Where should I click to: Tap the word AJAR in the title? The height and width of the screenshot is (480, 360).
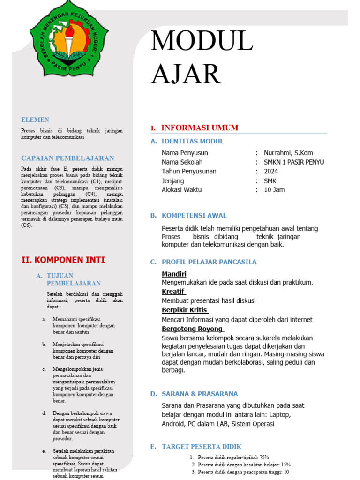click(x=186, y=74)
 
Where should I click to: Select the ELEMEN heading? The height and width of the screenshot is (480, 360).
click(x=35, y=120)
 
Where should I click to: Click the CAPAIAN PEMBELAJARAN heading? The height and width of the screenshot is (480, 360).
click(x=68, y=158)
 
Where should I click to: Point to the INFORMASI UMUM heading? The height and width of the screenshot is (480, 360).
click(x=200, y=127)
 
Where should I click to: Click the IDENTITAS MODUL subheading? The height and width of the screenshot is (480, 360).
click(x=193, y=141)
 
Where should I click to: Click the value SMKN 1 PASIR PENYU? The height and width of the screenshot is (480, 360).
click(x=294, y=162)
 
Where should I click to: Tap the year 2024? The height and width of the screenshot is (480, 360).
click(x=271, y=172)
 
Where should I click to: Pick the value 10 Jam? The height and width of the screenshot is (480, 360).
click(x=274, y=190)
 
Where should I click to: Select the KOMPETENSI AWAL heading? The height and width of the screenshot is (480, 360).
click(x=194, y=215)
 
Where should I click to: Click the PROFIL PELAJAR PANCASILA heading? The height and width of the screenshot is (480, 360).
click(x=209, y=262)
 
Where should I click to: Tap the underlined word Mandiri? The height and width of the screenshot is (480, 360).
click(x=174, y=274)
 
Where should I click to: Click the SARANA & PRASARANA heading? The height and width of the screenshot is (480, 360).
click(x=200, y=394)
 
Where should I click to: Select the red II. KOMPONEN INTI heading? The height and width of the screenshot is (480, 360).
click(x=63, y=260)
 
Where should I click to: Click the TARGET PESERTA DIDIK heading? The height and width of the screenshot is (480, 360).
click(x=202, y=447)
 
